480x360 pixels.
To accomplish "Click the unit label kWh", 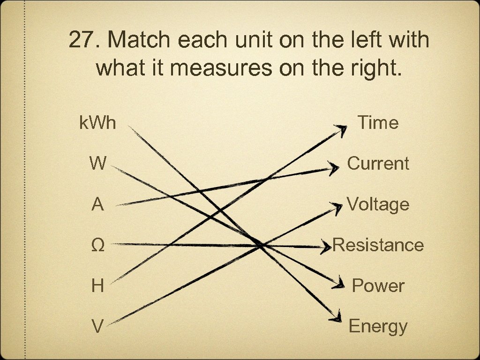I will [x=97, y=123].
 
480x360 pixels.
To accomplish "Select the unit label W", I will [x=97, y=164].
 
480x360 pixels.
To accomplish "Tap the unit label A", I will [x=97, y=204].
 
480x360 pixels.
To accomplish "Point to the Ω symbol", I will [x=97, y=245].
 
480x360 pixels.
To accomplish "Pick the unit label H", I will [x=97, y=285].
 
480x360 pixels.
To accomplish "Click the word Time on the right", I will [x=378, y=123].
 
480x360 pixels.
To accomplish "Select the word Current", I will [x=378, y=164].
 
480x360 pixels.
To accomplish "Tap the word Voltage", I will [x=378, y=204].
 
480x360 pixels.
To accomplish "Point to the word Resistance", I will [x=378, y=245].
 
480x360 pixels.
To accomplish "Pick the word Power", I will [x=378, y=285].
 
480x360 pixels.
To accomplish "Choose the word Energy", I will [x=378, y=326].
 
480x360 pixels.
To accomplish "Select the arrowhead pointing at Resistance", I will [x=326, y=246].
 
